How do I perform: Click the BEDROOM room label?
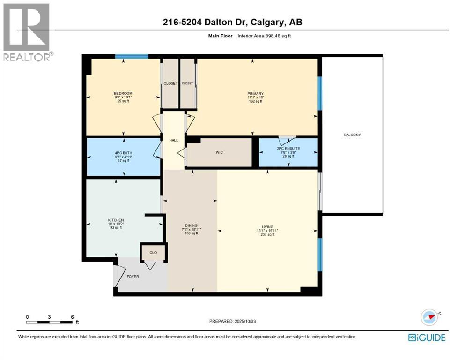click(x=123, y=93)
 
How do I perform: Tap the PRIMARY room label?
click(x=255, y=93)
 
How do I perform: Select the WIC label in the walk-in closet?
click(x=219, y=152)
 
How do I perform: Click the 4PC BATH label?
click(x=123, y=152)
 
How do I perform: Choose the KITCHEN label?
click(x=116, y=220)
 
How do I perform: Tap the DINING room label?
click(x=192, y=225)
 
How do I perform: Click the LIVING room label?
click(x=267, y=226)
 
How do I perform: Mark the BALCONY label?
click(x=352, y=135)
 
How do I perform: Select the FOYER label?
click(x=133, y=277)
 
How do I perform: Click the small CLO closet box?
click(x=153, y=253)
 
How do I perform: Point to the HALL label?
click(x=174, y=139)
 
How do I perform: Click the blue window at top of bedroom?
click(x=132, y=57)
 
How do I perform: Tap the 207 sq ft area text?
click(x=267, y=234)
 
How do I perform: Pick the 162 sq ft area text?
click(x=255, y=101)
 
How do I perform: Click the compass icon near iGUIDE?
click(x=429, y=317)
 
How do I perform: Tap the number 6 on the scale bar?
click(x=72, y=317)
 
